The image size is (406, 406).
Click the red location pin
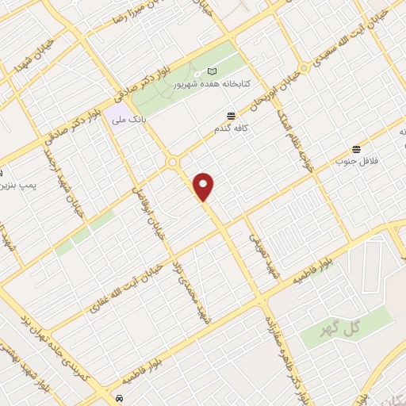click(x=204, y=186)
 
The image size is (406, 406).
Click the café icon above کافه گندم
click(x=231, y=117)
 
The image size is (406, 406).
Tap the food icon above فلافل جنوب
click(x=356, y=148)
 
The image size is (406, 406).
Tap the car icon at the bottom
click(x=118, y=397)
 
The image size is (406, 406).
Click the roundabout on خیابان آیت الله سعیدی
click(x=303, y=68)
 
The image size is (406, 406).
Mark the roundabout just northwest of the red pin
click(x=172, y=163)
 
